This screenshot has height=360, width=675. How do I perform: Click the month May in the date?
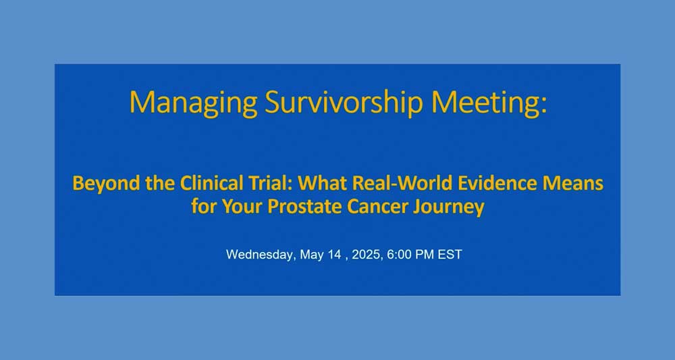tap(311, 255)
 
